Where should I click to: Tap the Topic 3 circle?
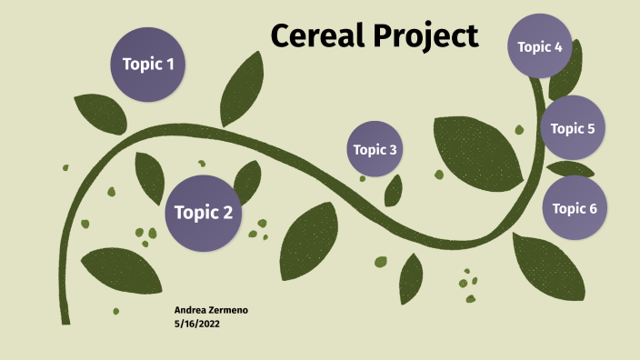pyautogui.click(x=375, y=149)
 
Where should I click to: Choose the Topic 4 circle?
pyautogui.click(x=540, y=46)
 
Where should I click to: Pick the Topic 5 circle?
pyautogui.click(x=573, y=128)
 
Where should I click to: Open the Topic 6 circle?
pyautogui.click(x=575, y=208)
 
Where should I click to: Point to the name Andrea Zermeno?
pyautogui.click(x=211, y=310)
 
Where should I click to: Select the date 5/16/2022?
pyautogui.click(x=196, y=323)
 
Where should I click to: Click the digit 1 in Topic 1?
pyautogui.click(x=170, y=65)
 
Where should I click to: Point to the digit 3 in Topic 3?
pyautogui.click(x=393, y=149)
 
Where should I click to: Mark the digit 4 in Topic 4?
pyautogui.click(x=558, y=46)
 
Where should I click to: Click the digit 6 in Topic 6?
pyautogui.click(x=593, y=208)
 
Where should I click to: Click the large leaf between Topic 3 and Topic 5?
pyautogui.click(x=476, y=150)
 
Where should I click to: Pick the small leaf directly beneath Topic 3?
pyautogui.click(x=394, y=190)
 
